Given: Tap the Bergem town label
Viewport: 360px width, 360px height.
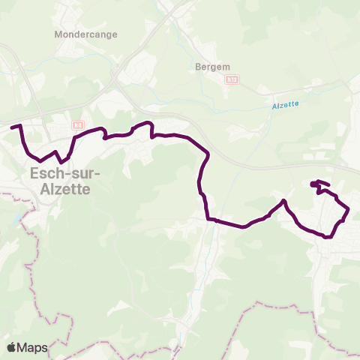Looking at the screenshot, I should point(211,65).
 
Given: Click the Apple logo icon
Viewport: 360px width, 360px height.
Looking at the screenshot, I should point(12,347).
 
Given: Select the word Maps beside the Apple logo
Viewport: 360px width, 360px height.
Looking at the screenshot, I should point(33,347).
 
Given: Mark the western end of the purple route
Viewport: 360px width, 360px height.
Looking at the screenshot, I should point(12,127).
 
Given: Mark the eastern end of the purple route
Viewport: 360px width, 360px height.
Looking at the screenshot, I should point(313,183).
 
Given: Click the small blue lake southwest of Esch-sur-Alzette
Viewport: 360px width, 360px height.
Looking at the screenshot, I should point(16,220).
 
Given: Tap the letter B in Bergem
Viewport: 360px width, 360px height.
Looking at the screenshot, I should point(197,65).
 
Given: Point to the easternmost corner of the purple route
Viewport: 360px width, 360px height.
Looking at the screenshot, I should point(348,209).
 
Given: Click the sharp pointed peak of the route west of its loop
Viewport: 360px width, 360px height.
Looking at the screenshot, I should point(284,200).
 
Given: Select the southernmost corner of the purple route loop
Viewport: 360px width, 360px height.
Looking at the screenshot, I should point(328,238).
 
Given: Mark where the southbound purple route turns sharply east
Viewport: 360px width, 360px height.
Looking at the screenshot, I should point(208,219).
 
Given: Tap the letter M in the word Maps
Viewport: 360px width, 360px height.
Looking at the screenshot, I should point(23,347).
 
